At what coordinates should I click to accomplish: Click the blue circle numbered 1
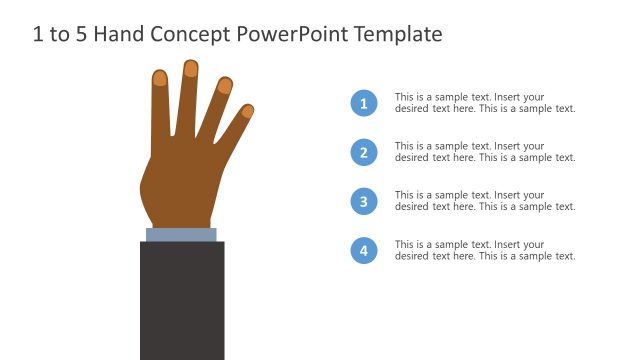coord(364,103)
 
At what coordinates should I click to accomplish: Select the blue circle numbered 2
coord(364,152)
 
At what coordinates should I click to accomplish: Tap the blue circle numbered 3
coord(364,201)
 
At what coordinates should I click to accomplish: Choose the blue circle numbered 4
coord(364,250)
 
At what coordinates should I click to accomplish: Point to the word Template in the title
coord(395,35)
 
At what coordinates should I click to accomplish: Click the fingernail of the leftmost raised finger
coord(160,77)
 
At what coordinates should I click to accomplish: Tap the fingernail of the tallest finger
coord(190,68)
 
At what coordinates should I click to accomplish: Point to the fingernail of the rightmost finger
coord(248,110)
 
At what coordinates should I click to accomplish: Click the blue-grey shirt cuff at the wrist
coord(181,235)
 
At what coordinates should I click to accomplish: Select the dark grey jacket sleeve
coord(182,300)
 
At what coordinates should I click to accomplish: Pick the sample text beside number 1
coord(485,103)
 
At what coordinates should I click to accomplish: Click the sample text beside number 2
coord(485,152)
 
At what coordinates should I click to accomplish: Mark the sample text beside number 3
coord(485,201)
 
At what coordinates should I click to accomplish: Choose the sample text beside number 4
coord(485,250)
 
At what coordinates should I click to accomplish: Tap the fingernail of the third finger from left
coord(225,86)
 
